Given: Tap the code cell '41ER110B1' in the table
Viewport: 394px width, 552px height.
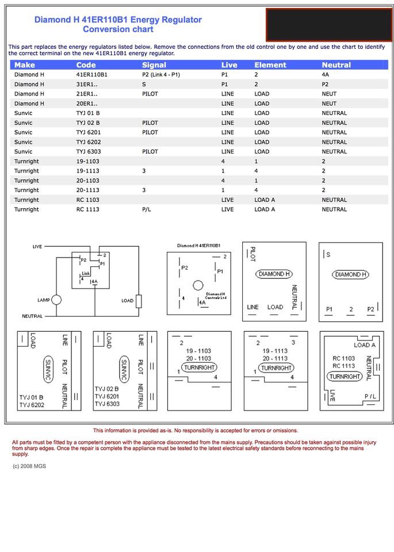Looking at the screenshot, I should pyautogui.click(x=91, y=75).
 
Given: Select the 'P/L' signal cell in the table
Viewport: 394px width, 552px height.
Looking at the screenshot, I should pyautogui.click(x=147, y=209).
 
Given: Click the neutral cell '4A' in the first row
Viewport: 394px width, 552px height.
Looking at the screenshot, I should pyautogui.click(x=326, y=75).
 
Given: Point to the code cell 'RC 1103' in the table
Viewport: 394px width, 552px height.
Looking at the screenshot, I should pyautogui.click(x=87, y=200).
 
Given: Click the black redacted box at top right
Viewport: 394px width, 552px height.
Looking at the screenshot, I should pyautogui.click(x=326, y=25).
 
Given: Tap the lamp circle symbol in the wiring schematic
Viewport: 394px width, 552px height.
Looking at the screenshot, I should pyautogui.click(x=57, y=300).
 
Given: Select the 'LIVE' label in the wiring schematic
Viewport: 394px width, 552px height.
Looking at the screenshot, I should pyautogui.click(x=37, y=247).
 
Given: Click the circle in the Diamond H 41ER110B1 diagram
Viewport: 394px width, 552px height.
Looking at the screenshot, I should pyautogui.click(x=198, y=285).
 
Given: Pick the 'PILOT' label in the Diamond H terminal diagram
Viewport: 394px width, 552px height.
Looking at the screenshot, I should pyautogui.click(x=252, y=254).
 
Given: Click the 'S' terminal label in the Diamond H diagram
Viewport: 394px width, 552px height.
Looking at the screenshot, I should pyautogui.click(x=328, y=254).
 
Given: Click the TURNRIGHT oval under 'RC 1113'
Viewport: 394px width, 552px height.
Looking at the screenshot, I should pyautogui.click(x=345, y=377).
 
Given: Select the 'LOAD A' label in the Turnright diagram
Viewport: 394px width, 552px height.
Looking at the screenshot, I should pyautogui.click(x=365, y=346).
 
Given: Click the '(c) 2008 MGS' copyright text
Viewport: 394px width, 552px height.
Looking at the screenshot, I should pyautogui.click(x=29, y=466).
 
